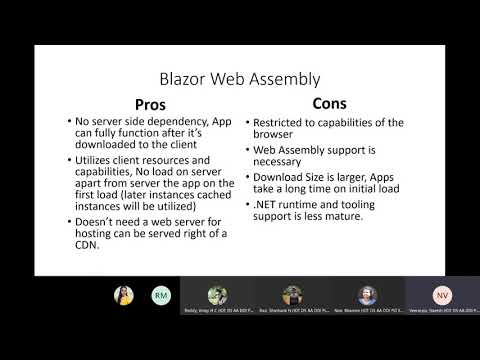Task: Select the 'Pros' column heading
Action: coord(150,104)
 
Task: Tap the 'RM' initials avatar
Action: coord(160,296)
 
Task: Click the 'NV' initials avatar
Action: coord(441,296)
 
